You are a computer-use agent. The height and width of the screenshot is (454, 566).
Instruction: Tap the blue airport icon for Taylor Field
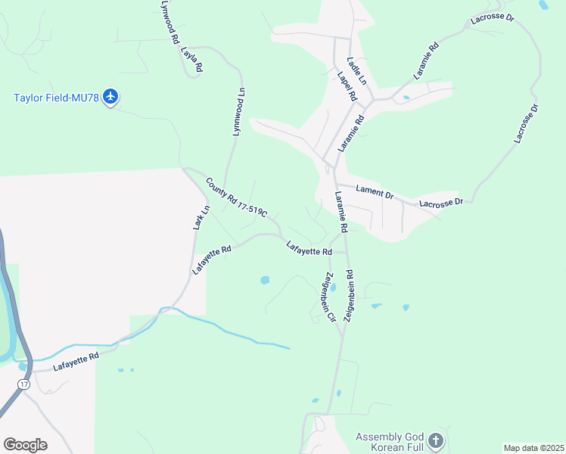112,96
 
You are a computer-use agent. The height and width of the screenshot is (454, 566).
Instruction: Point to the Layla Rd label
192,61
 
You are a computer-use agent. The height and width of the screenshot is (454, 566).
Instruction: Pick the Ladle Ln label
356,70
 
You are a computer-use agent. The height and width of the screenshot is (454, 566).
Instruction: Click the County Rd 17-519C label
237,198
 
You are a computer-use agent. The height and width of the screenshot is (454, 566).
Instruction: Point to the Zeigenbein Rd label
349,297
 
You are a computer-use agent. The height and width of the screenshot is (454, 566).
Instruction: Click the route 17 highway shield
23,385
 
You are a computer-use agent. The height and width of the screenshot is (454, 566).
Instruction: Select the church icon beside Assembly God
435,440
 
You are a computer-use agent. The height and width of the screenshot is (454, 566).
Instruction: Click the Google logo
25,445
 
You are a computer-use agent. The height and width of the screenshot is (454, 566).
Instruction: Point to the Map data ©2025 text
533,448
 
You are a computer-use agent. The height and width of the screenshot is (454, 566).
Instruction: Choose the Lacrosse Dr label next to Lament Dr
441,203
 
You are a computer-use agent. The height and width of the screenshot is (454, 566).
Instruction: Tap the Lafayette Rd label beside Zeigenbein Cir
309,247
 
